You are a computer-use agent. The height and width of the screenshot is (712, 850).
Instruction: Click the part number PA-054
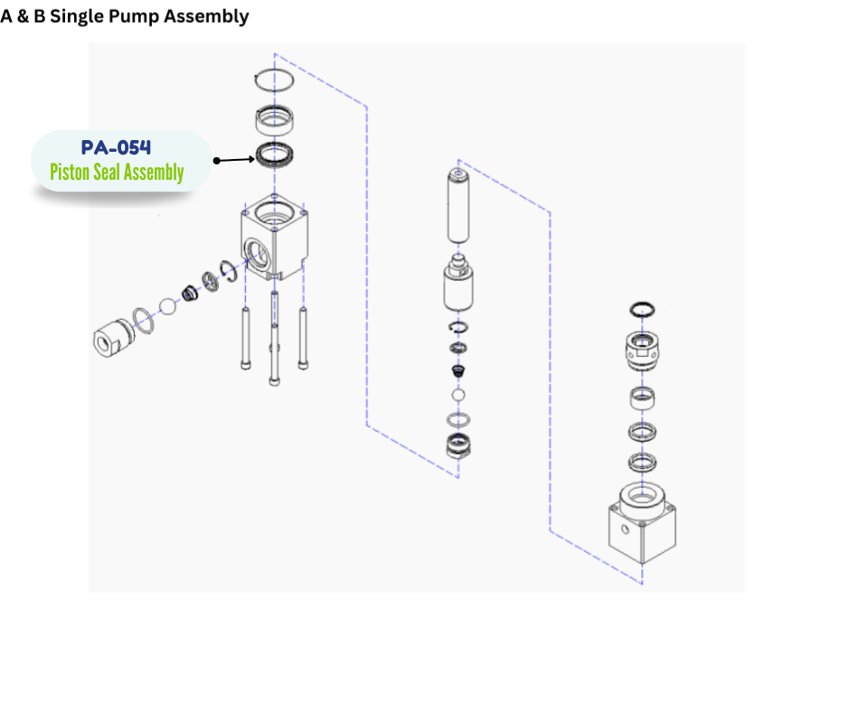[x=116, y=147]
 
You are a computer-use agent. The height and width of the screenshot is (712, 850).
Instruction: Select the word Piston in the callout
[x=68, y=173]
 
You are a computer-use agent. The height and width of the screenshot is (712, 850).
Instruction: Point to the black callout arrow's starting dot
[x=217, y=161]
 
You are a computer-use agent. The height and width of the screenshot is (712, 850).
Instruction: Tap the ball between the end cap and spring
[x=166, y=306]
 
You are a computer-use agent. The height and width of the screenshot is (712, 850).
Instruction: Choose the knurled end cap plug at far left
[x=113, y=338]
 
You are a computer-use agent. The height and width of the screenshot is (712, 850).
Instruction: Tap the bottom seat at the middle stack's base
[x=459, y=445]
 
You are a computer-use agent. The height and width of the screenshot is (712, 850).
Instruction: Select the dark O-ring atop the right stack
[x=642, y=310]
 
